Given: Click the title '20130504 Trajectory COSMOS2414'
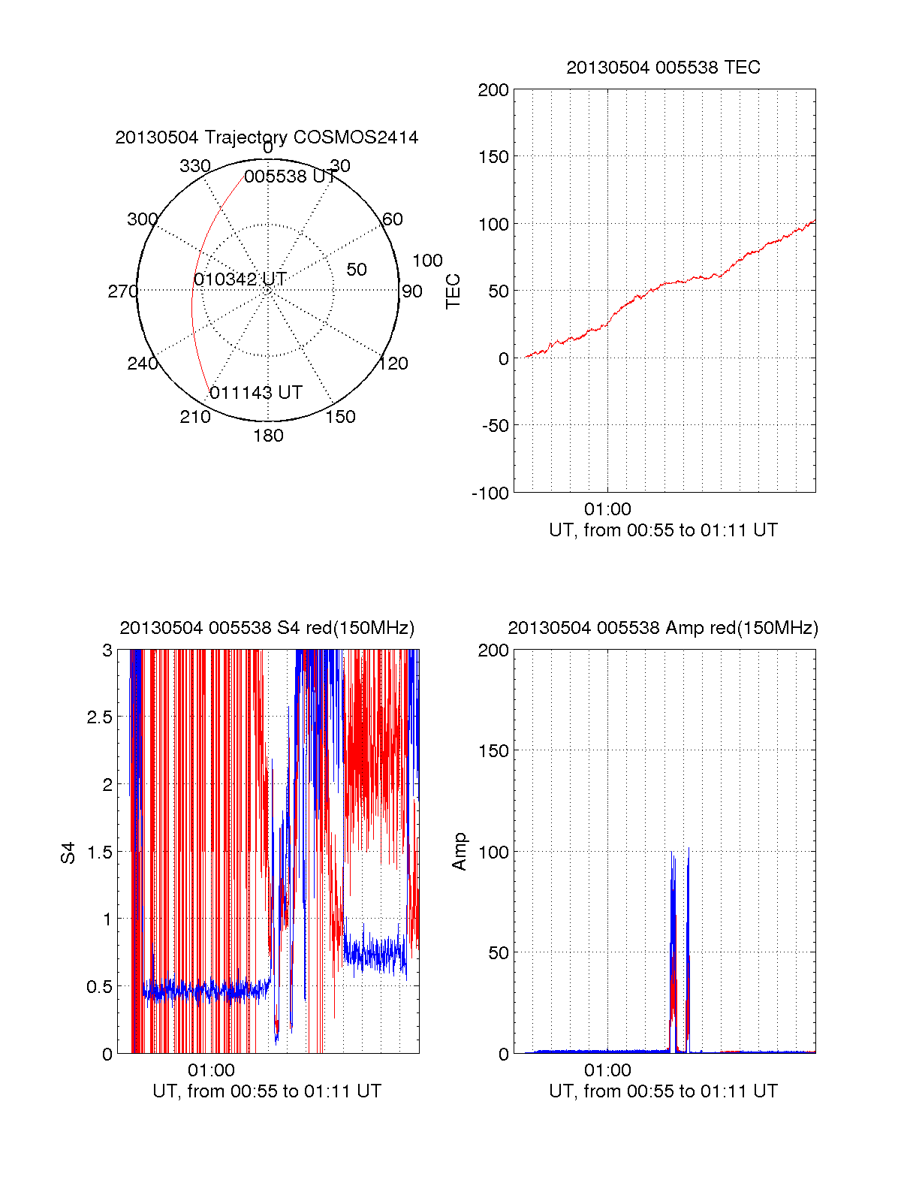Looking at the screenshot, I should (267, 137).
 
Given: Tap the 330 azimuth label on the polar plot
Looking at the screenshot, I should (194, 166).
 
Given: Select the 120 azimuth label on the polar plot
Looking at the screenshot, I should (393, 364).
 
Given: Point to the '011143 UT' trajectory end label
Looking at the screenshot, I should (256, 393).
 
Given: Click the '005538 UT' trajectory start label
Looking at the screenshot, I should (290, 177).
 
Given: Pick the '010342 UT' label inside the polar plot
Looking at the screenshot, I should (240, 279).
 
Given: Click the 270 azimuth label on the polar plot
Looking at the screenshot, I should (122, 291).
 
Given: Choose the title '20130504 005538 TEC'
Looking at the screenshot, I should (663, 68).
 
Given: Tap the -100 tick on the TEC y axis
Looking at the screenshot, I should (490, 493).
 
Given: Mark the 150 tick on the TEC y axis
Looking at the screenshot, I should (493, 157).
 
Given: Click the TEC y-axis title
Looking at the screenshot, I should (454, 291).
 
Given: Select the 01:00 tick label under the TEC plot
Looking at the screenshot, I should (607, 509).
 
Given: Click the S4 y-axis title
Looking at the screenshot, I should (68, 853).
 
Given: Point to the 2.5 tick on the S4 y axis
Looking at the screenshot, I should (100, 717).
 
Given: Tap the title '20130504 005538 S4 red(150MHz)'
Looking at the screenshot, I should (267, 628).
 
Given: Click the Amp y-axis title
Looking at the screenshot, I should (460, 852).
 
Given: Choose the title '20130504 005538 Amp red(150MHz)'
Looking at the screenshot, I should (663, 628).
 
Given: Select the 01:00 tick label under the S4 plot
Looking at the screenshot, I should (211, 1070).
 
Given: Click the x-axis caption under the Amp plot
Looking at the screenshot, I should (663, 1091).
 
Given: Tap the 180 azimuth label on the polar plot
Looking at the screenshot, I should (268, 436).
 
